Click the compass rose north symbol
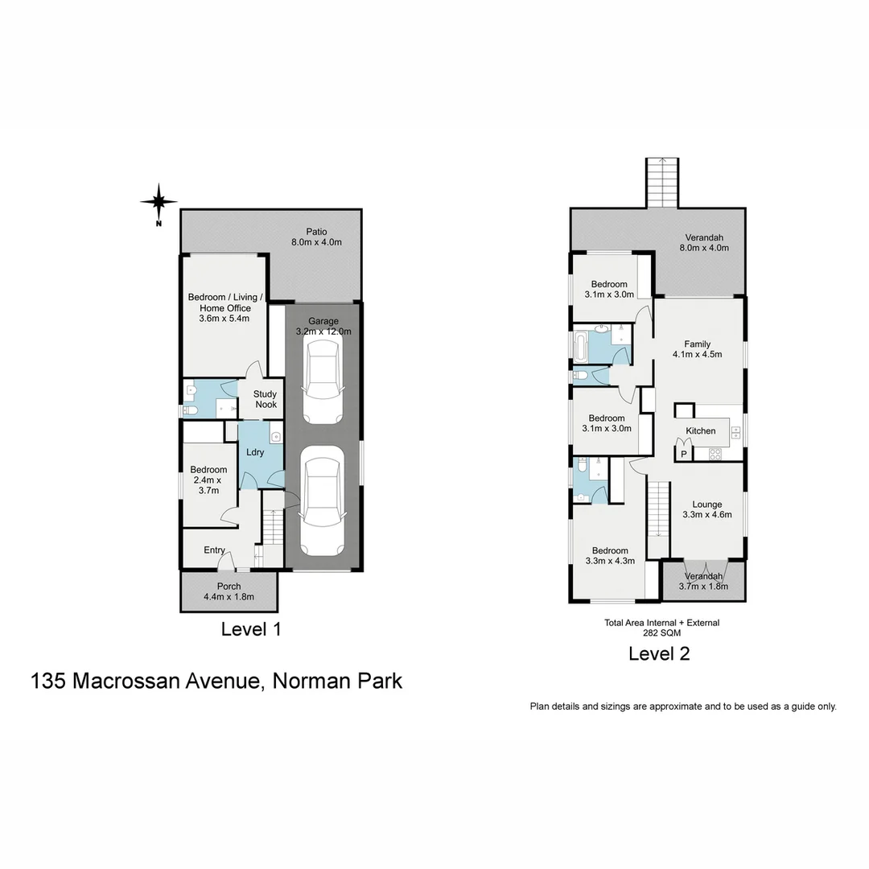(x=159, y=201)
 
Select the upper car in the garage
(x=323, y=380)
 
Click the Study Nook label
(x=266, y=399)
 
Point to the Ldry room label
(x=255, y=452)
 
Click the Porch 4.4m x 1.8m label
(x=229, y=591)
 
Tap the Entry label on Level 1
(x=214, y=550)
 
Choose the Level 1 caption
(x=251, y=629)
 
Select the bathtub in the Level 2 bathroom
(x=582, y=348)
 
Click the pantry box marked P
(x=683, y=455)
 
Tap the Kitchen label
(x=700, y=431)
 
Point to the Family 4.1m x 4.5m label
(x=697, y=349)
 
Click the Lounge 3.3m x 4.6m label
(x=706, y=510)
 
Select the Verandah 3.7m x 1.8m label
(x=703, y=582)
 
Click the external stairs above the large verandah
(x=663, y=182)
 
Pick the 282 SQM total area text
(x=661, y=633)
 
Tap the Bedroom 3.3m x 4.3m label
(x=608, y=556)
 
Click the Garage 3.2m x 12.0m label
(x=323, y=326)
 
